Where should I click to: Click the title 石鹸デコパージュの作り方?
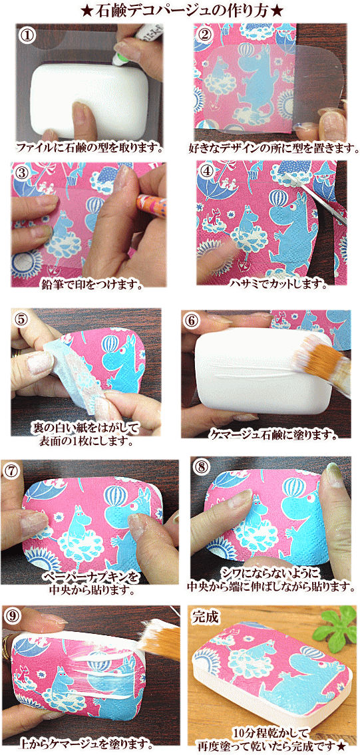(x=180, y=10)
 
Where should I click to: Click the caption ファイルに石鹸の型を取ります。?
(x=89, y=146)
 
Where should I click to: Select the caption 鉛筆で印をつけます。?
(x=94, y=285)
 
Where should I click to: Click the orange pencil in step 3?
(x=152, y=204)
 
